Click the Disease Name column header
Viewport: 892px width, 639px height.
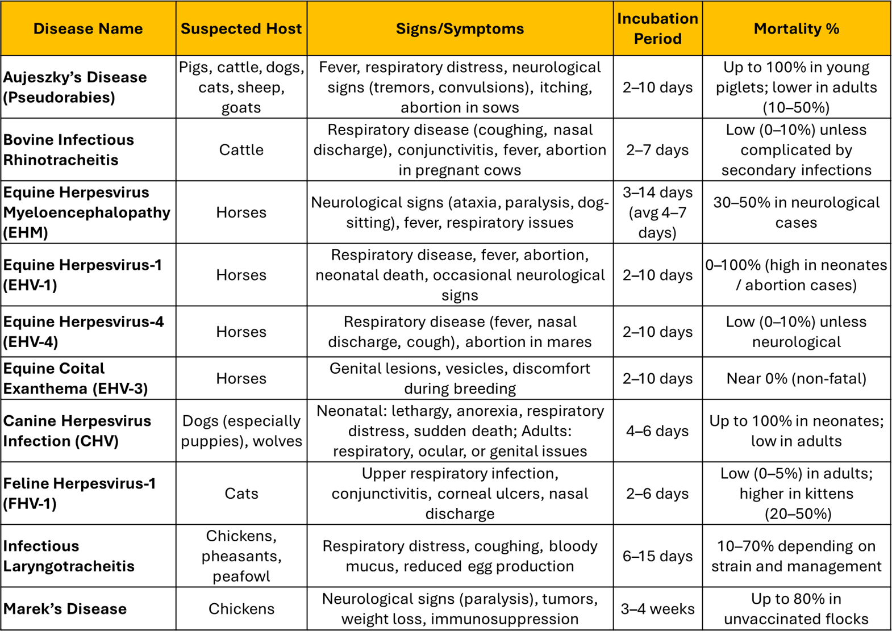point(88,29)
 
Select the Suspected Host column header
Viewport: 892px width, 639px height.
point(241,29)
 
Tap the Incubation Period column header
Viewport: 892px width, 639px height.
point(657,29)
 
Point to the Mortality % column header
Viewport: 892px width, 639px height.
point(796,29)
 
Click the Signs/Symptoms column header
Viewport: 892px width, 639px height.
point(460,29)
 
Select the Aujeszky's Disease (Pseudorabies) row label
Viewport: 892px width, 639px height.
point(75,87)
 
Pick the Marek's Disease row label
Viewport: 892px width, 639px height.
point(65,609)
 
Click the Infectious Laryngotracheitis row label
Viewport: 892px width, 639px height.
point(69,556)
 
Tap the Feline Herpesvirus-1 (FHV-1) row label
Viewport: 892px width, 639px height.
point(79,493)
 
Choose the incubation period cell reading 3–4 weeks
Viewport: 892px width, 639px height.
point(657,609)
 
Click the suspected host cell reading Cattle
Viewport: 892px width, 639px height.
point(241,150)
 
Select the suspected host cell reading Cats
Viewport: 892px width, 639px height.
point(241,493)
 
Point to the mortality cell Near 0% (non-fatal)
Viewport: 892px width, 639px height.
point(796,378)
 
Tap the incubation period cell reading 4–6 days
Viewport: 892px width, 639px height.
point(657,431)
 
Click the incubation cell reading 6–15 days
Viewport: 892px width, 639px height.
point(657,556)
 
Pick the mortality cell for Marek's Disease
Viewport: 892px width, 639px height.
point(796,609)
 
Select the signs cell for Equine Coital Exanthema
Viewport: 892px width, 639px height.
point(460,378)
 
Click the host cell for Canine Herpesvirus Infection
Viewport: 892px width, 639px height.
point(241,431)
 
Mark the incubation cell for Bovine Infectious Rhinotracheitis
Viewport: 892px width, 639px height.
point(657,150)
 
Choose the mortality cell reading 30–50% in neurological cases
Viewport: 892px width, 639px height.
point(796,212)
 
